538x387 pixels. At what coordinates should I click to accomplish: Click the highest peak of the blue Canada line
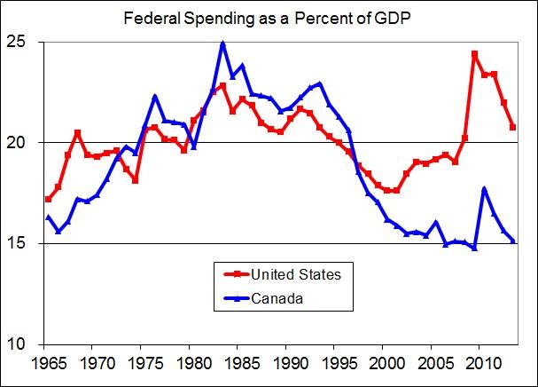[222, 43]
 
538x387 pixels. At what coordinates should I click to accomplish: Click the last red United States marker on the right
[513, 128]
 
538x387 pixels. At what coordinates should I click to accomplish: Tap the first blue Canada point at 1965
[49, 217]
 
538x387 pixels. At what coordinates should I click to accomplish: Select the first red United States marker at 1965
[49, 199]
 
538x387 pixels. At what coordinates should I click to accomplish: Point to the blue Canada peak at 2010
[484, 188]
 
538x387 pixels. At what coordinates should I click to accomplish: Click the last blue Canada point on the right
[513, 241]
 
